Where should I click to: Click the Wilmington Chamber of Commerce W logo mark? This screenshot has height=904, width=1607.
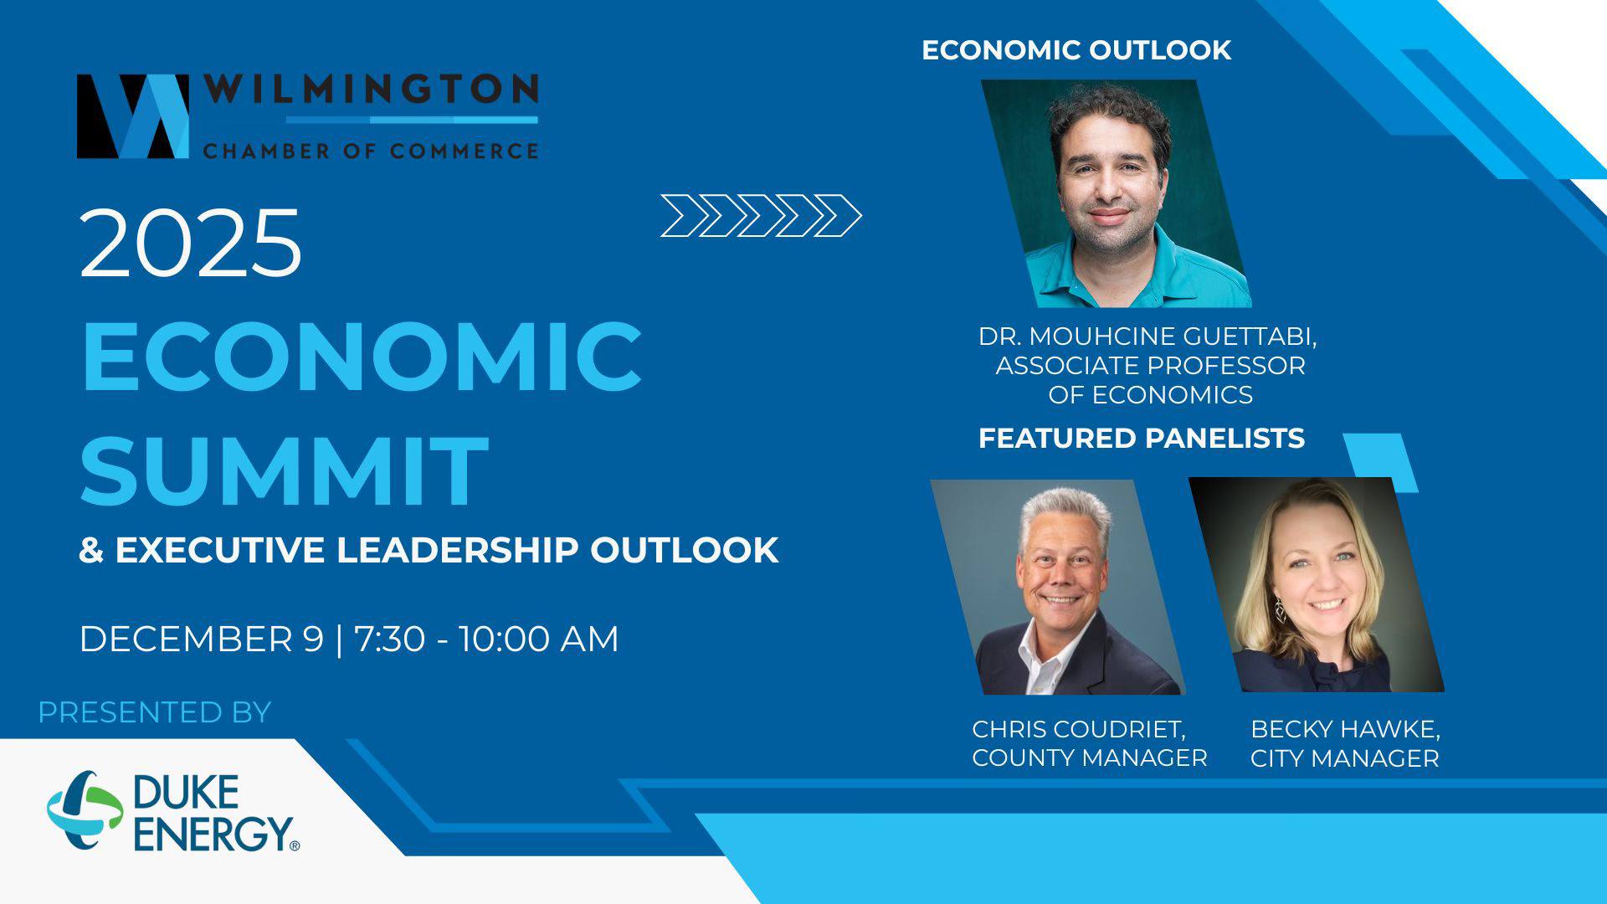coord(132,116)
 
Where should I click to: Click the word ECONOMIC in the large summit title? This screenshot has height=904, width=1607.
coord(362,357)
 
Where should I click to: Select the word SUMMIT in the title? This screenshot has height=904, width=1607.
coord(285,470)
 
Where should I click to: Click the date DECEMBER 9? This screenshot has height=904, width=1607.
coord(201,639)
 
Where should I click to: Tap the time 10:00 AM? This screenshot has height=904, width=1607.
coord(538,639)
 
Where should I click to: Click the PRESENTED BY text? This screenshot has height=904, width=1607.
coord(155,712)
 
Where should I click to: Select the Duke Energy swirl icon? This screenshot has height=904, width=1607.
coord(85,810)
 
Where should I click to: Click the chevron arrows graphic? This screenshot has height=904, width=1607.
coord(760,216)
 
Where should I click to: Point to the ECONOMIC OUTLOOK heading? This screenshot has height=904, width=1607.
coord(1076,50)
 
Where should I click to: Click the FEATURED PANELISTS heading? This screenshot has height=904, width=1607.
coord(1142,438)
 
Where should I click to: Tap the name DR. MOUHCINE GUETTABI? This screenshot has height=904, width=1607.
coord(1147,336)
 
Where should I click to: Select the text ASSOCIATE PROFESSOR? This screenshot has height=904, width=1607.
coord(1150,366)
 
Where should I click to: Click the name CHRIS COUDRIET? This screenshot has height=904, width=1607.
coord(1079,729)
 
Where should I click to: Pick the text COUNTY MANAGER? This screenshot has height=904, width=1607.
coord(1090,758)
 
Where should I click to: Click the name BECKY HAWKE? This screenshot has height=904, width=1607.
coord(1345,729)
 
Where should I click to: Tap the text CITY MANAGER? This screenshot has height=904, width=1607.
coord(1344,758)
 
